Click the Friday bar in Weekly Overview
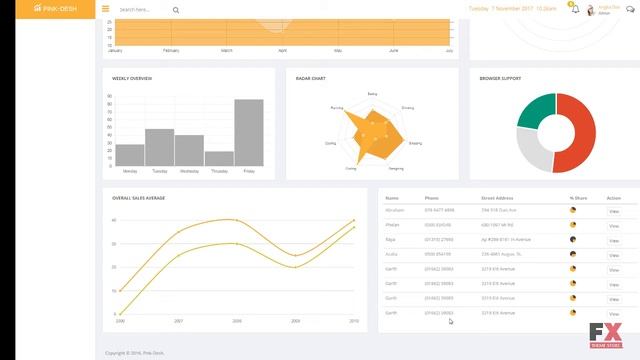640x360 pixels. coord(249,133)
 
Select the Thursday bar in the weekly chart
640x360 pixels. coord(219,159)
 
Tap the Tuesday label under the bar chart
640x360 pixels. coord(160,171)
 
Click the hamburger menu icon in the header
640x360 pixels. coord(106,9)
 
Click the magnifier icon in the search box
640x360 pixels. coord(176,10)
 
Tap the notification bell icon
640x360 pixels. coord(574,8)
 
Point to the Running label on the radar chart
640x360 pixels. coord(337,106)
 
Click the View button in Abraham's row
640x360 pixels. coord(614,211)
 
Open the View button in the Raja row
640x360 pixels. coord(614,240)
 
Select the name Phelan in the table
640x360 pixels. coord(393,225)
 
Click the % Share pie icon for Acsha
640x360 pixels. coord(572,254)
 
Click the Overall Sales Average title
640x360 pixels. coord(138,198)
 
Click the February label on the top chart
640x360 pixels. coord(171,50)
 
